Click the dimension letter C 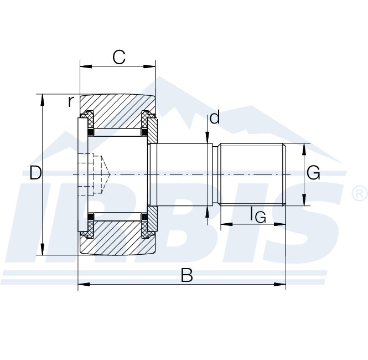click(x=119, y=57)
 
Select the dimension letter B click(x=187, y=275)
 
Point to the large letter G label click(x=313, y=173)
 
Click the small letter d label click(x=215, y=117)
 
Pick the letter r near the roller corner click(x=71, y=101)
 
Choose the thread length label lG click(x=258, y=214)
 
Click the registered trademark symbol click(x=360, y=193)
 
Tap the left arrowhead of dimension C click(x=86, y=66)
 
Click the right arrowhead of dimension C click(x=149, y=66)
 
